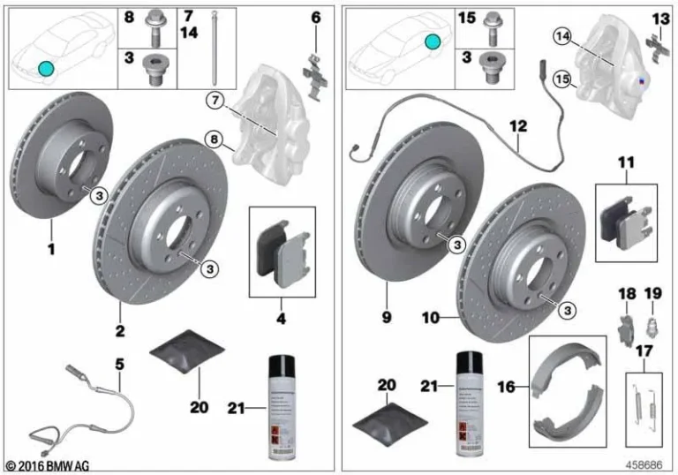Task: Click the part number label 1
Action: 51,250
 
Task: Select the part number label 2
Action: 119,331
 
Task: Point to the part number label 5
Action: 119,362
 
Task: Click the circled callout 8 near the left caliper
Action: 213,139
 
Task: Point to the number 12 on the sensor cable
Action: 518,127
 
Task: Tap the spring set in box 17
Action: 647,403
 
